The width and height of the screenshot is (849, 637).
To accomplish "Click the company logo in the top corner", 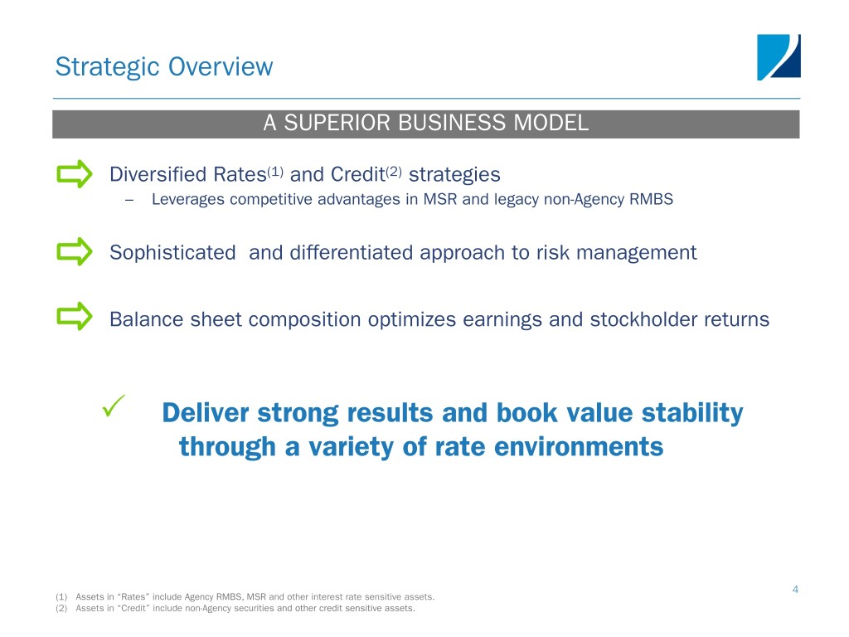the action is pyautogui.click(x=779, y=57).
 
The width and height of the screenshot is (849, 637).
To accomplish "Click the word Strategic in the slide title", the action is pyautogui.click(x=107, y=68).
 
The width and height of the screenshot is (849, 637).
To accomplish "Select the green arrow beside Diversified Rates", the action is pyautogui.click(x=75, y=174).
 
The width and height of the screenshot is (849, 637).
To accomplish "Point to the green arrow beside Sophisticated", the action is pyautogui.click(x=75, y=251).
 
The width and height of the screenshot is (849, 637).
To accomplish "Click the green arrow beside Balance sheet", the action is pyautogui.click(x=75, y=316).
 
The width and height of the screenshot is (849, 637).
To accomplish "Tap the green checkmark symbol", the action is pyautogui.click(x=114, y=406).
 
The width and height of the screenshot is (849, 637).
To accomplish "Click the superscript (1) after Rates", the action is pyautogui.click(x=275, y=172).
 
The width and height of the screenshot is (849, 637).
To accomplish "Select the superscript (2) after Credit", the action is pyautogui.click(x=394, y=172).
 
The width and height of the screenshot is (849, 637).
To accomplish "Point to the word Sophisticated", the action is pyautogui.click(x=172, y=253).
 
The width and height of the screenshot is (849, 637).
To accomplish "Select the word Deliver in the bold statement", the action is pyautogui.click(x=206, y=413).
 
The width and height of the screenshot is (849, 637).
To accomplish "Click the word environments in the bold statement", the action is pyautogui.click(x=579, y=447).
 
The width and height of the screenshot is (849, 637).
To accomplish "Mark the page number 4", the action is pyautogui.click(x=795, y=590).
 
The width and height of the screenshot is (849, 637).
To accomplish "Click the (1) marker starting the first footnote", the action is pyautogui.click(x=61, y=597).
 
